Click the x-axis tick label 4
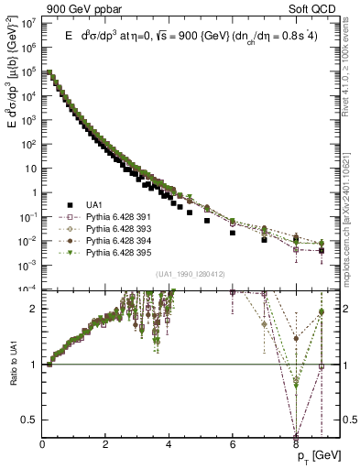[169, 444]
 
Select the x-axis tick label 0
[43, 444]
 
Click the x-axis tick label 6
[233, 444]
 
